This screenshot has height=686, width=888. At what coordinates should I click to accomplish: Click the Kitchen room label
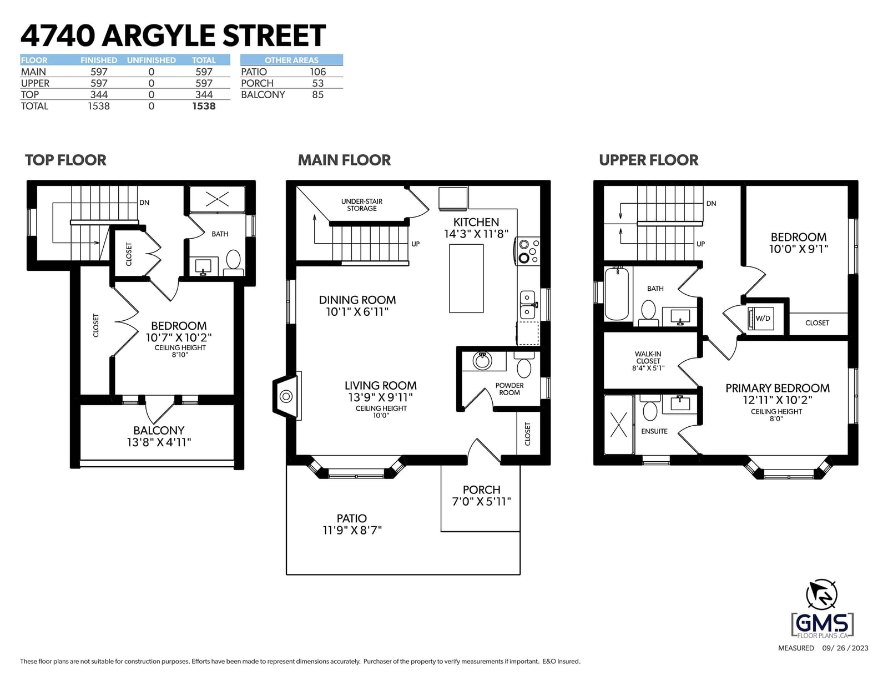coord(476,222)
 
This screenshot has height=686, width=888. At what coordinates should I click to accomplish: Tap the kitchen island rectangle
coord(466,278)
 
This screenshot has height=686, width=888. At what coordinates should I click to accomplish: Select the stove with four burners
coord(528,251)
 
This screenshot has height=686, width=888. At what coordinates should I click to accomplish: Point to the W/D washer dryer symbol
coord(760,318)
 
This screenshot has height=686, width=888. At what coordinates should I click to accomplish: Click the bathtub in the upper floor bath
coord(616,293)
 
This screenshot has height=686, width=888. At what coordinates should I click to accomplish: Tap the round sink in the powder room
coord(483,360)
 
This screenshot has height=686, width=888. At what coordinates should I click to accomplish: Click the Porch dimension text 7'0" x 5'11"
coord(481,501)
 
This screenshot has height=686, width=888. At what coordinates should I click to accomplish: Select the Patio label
coord(351,518)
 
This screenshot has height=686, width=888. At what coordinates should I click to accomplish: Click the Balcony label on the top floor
coord(159,430)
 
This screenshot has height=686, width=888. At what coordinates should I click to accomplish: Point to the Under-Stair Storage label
coord(362,205)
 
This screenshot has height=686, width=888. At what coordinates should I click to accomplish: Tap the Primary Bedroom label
coord(777,388)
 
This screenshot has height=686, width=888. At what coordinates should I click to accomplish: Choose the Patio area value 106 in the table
coord(317,72)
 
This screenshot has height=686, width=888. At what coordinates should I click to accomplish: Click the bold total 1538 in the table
coord(204,106)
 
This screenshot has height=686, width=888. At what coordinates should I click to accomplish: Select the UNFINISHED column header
coord(151,60)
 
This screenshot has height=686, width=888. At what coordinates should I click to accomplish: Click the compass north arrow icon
coord(821,595)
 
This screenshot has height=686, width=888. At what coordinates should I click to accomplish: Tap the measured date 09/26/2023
coord(845,648)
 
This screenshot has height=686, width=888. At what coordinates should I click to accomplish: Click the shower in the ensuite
coord(619,425)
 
